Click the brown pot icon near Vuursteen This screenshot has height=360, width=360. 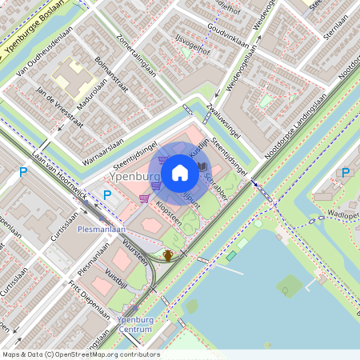168,255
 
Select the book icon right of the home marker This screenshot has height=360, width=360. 202,166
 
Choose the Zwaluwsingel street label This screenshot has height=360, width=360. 223,120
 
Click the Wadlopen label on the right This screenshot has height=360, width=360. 343,215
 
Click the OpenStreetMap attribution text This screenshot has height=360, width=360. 80,354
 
